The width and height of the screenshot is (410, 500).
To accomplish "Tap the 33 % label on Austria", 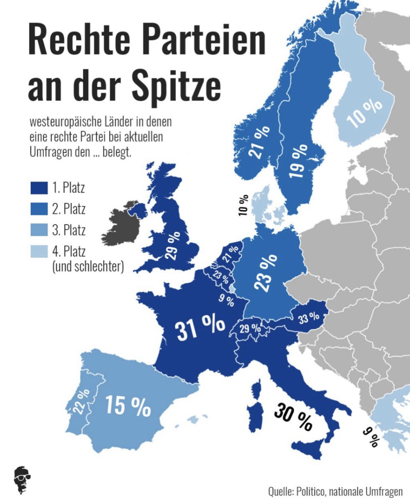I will (309, 317).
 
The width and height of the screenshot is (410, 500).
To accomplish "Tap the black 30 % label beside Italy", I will (293, 416).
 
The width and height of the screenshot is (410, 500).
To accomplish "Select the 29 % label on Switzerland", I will (250, 329).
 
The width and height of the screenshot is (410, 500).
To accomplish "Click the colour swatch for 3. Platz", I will (39, 231).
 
